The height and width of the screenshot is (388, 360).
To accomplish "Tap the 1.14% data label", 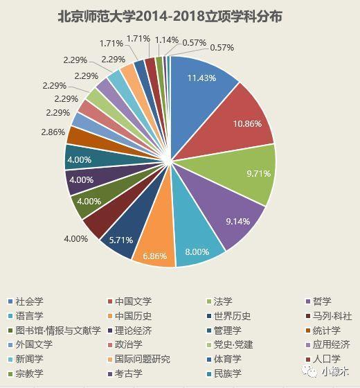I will pyautogui.click(x=166, y=39).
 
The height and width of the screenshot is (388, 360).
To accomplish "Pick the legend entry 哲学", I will pyautogui.click(x=322, y=301).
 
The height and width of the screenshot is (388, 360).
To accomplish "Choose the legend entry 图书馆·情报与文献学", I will pyautogui.click(x=57, y=330).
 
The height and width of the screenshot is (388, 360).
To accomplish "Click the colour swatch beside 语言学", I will pyautogui.click(x=10, y=316).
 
